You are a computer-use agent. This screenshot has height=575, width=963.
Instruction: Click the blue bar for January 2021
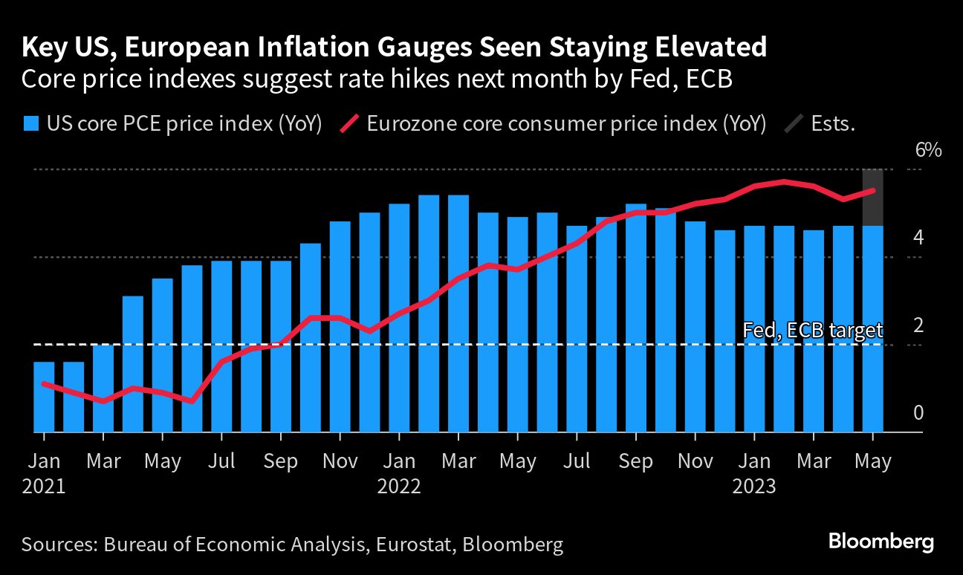coord(44,397)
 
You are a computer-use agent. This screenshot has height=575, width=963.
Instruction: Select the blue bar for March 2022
coord(458,314)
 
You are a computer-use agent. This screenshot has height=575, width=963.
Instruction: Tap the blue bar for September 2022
coord(636,318)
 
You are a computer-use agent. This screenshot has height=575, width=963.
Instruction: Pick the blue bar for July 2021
coord(221,346)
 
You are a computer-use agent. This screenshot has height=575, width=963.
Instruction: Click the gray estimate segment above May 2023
coord(872,198)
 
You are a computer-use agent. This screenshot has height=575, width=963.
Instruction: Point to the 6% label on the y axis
coord(928,150)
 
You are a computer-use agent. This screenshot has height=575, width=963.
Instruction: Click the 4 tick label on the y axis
coord(918,238)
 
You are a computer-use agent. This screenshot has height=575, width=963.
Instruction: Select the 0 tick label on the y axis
coord(918,413)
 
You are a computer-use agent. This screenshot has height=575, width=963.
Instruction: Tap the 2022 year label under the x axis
coord(399,487)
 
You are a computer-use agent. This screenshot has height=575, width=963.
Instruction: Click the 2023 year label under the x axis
coord(754,487)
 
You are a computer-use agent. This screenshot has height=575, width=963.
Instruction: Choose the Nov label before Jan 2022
coord(340,461)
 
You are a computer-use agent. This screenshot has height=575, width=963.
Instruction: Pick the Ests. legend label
coord(832,124)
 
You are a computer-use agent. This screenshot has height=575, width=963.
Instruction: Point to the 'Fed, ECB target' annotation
coord(813,331)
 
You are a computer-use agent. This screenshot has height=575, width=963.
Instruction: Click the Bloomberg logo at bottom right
coord(881,542)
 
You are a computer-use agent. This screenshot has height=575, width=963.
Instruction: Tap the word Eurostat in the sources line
coord(413,545)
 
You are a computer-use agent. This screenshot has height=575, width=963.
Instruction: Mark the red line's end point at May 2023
coord(872,191)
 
